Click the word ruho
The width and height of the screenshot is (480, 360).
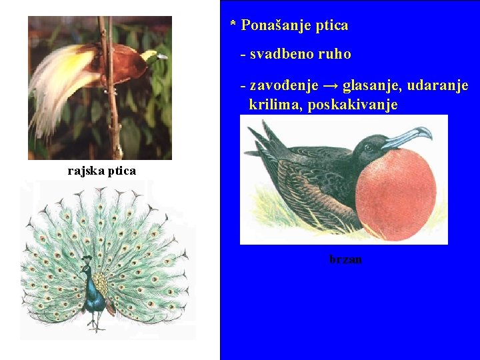point(335,55)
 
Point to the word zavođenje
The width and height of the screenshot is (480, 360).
point(282,86)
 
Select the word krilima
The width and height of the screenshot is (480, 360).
point(275,105)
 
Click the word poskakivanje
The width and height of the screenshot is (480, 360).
point(353,105)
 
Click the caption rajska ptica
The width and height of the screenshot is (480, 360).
point(101,171)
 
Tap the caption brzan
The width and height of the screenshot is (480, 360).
point(345,259)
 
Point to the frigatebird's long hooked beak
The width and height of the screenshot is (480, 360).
point(407,137)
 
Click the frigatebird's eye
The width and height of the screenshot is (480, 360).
point(369,147)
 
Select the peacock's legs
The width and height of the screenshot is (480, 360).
point(97,323)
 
